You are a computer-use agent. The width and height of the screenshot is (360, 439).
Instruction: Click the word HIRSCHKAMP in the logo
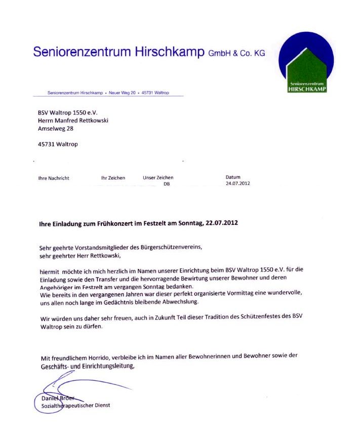(307, 89)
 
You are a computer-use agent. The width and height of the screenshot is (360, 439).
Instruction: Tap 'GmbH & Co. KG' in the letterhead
(236, 53)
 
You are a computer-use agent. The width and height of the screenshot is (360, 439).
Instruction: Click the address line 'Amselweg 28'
(56, 129)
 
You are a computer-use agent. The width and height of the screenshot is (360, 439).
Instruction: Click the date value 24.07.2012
(237, 183)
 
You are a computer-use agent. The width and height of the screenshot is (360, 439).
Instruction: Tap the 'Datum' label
(233, 177)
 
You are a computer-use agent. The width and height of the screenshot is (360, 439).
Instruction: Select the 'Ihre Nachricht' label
(54, 178)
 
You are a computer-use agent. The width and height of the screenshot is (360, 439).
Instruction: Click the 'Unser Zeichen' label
(158, 178)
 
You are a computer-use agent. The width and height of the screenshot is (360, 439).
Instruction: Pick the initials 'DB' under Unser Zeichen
(167, 184)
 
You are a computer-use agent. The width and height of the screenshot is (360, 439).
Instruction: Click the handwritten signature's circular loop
(48, 403)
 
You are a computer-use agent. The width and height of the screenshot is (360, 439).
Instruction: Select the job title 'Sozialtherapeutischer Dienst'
(75, 405)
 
